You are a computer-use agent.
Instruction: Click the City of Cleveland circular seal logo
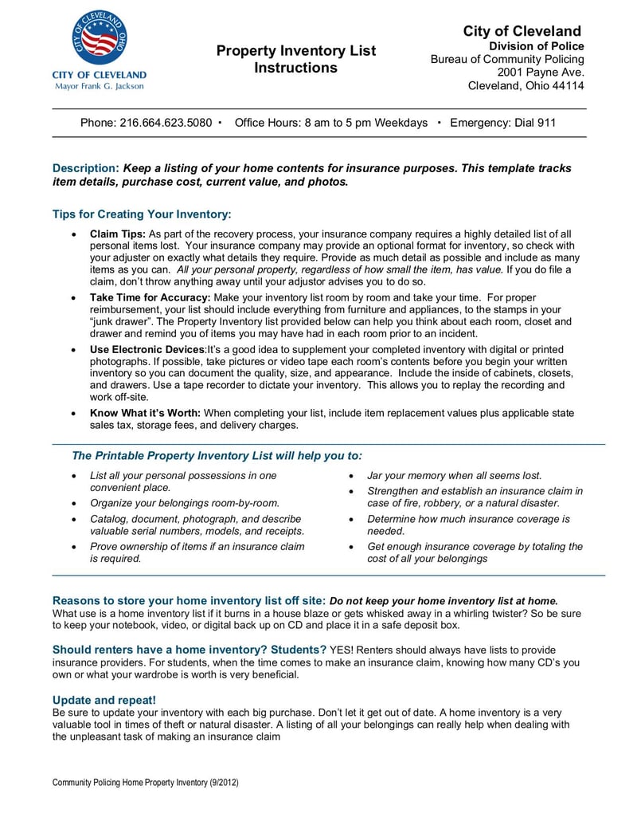click(99, 37)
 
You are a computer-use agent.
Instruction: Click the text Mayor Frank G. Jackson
click(99, 86)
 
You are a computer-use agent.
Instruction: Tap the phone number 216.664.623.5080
click(166, 123)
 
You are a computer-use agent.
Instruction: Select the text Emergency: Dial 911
click(502, 123)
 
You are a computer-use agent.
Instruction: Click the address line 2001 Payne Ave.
click(541, 73)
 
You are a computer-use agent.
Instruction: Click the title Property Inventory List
click(295, 51)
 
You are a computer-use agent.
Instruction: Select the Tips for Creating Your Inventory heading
click(142, 214)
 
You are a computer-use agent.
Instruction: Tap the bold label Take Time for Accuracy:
click(149, 297)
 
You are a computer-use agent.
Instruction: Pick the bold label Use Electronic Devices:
click(148, 350)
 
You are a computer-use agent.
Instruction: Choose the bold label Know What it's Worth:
click(145, 413)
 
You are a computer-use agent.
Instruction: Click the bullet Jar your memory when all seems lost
click(454, 475)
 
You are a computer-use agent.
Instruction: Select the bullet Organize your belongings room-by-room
click(185, 503)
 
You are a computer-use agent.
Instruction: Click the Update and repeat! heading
click(104, 700)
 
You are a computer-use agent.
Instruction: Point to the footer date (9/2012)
click(225, 783)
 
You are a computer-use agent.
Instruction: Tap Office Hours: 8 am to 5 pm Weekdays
click(330, 123)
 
